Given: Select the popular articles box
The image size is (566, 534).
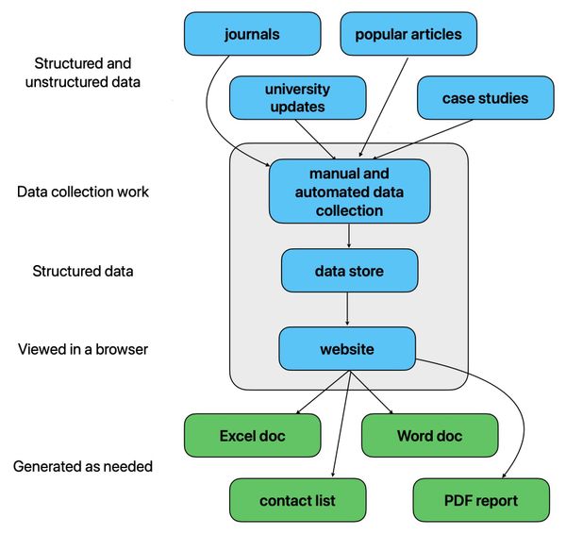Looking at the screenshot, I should coord(408,35).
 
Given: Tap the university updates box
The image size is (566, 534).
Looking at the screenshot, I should coord(297,98).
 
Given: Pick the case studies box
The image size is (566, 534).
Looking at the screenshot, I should coord(485,98).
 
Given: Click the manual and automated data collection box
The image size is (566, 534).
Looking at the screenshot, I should coord(349,192).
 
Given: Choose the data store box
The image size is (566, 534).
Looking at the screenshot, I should coord(349,271).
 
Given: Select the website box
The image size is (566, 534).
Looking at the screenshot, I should coord(346,349).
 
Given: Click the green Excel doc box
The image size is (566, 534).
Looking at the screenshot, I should coord(252,436).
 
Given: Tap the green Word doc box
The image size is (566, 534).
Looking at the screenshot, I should coord(429,436).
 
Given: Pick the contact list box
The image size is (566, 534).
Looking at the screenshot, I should coord(297,499).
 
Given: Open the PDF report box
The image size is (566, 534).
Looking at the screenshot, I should coord(479,499).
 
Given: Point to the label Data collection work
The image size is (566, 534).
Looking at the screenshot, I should coord(83,192).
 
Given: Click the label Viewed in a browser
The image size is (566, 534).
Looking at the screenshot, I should coord(83,349).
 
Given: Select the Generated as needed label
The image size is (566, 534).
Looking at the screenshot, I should coord(83,467).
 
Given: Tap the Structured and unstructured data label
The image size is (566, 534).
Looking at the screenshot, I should coord(83,73).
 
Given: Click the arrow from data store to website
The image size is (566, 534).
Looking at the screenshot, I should coord(348,309).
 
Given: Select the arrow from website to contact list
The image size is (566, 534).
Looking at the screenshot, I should coord(342,425).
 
